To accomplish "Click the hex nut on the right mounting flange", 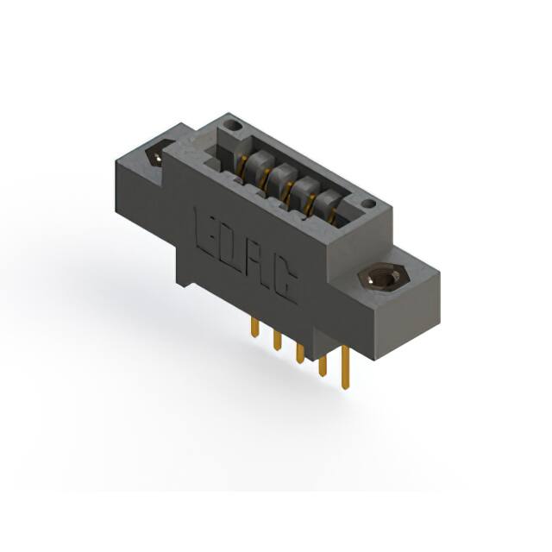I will click(x=381, y=280).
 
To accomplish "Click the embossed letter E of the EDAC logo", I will click(x=208, y=232).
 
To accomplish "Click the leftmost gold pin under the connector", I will click(x=254, y=327).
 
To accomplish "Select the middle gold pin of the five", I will click(x=300, y=351).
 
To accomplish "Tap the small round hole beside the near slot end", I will click(x=368, y=204).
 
